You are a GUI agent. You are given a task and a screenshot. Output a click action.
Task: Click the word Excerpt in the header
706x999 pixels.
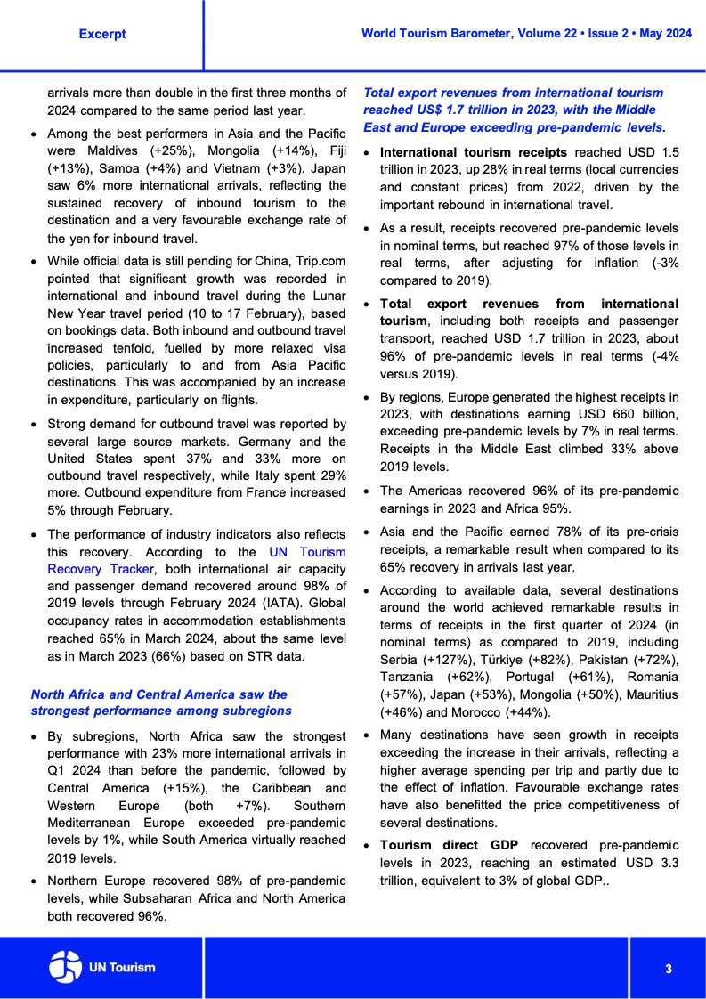[102, 34]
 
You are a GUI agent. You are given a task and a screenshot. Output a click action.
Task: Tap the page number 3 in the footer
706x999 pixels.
[667, 968]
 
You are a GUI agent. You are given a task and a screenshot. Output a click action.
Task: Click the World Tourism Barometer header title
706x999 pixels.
[526, 33]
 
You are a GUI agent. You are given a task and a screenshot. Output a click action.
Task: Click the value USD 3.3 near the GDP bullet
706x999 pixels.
[653, 862]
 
